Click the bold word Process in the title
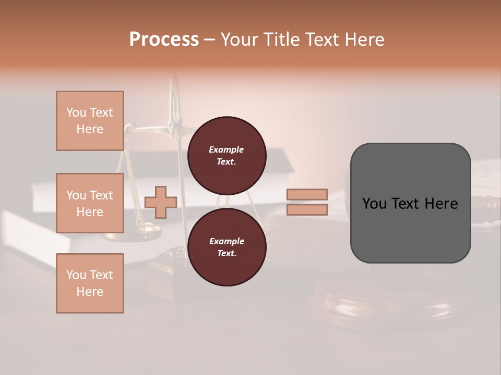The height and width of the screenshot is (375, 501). [164, 40]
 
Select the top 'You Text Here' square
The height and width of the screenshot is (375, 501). [90, 121]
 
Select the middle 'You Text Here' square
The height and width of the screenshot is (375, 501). [90, 203]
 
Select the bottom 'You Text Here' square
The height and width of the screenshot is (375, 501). [90, 283]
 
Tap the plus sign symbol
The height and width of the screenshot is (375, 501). [161, 202]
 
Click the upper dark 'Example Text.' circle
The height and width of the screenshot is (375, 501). [226, 155]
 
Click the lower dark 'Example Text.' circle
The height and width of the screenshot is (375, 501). [226, 247]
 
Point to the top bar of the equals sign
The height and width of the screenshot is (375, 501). [307, 194]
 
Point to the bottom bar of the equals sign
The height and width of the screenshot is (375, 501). [307, 209]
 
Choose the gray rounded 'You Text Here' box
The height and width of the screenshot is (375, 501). [410, 203]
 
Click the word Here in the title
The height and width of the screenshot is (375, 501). [364, 40]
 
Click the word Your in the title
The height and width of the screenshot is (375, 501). [241, 40]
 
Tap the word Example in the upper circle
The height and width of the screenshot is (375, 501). [226, 149]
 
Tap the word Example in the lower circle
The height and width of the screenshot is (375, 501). [226, 241]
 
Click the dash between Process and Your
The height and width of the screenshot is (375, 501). [210, 40]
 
